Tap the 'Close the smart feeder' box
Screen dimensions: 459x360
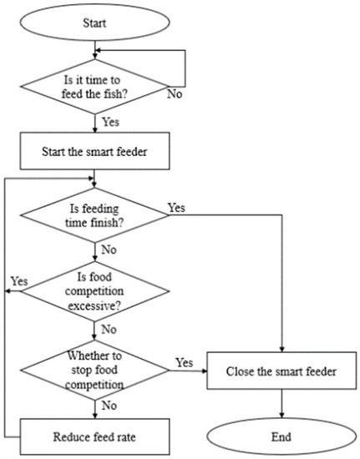point(283,369)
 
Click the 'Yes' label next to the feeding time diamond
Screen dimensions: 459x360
point(176,207)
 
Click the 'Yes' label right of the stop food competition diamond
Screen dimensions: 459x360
point(185,362)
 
